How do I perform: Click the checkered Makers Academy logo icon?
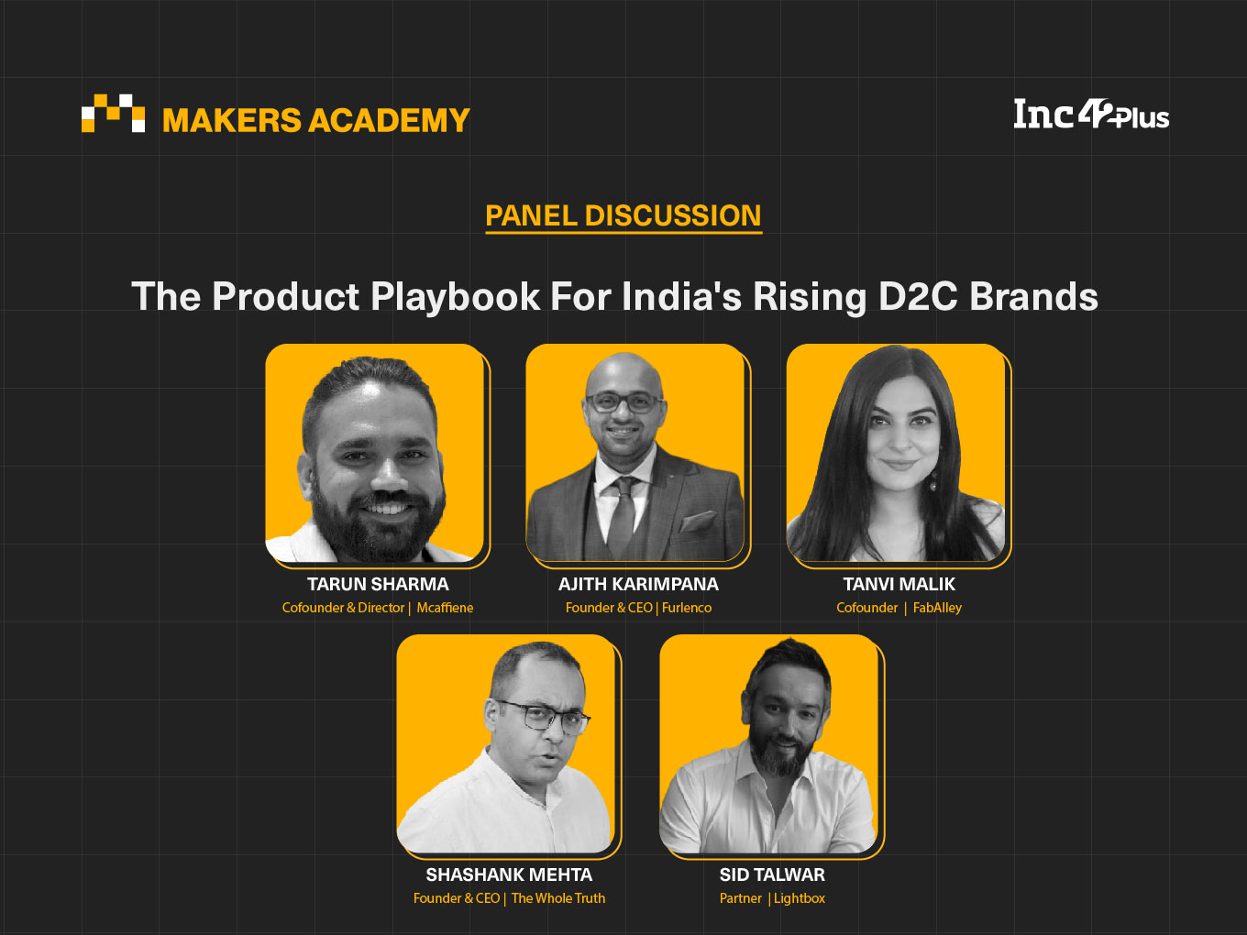point(113,113)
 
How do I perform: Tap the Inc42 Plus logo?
point(1091,114)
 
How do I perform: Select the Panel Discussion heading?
point(623,216)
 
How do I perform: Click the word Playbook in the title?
point(455,297)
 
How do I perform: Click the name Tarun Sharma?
point(378,584)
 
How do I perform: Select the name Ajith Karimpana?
point(638,584)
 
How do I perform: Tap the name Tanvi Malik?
point(899,584)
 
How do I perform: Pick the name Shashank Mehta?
point(509,874)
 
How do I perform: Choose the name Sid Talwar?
point(772,874)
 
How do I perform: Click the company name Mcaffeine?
point(445,608)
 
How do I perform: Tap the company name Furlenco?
point(686,608)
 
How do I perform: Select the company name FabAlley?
point(937,608)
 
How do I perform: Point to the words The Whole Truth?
point(557,898)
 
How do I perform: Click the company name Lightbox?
point(799,898)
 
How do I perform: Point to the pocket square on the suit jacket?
point(698,520)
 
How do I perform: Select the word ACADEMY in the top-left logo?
point(389,120)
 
